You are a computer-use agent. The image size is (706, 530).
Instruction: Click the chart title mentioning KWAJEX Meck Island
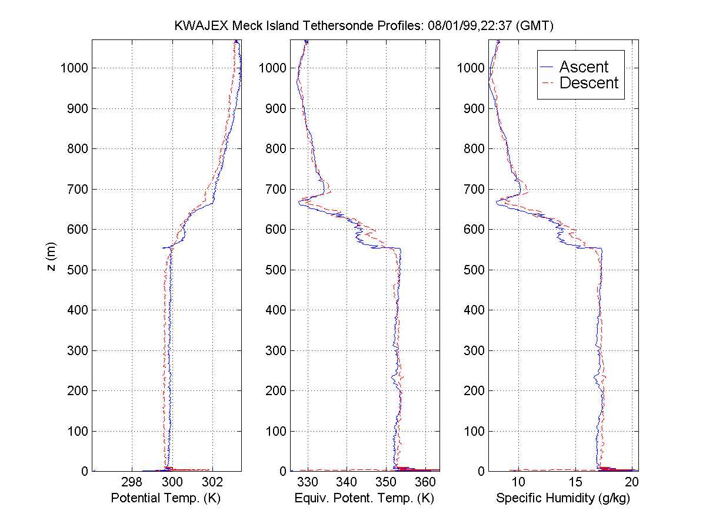tap(364, 26)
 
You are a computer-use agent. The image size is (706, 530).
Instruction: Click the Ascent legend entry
tap(583, 67)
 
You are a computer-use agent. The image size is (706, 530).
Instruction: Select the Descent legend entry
tap(588, 83)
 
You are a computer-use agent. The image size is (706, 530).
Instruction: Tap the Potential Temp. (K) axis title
tap(165, 498)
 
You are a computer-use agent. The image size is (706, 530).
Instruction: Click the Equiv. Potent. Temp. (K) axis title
tap(364, 498)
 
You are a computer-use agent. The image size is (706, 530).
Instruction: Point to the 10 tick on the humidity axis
tap(518, 482)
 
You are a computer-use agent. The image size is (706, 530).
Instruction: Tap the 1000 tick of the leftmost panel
tap(74, 68)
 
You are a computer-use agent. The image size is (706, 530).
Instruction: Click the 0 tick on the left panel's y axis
tap(84, 471)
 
